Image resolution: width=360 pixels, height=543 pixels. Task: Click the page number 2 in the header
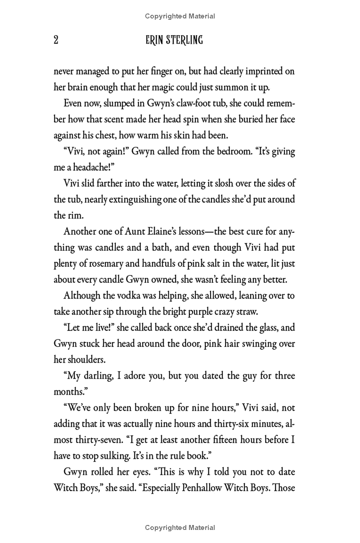(x=56, y=40)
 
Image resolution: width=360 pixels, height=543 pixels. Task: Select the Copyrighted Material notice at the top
(x=180, y=16)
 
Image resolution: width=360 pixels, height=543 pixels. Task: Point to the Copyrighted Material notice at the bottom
(x=180, y=528)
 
